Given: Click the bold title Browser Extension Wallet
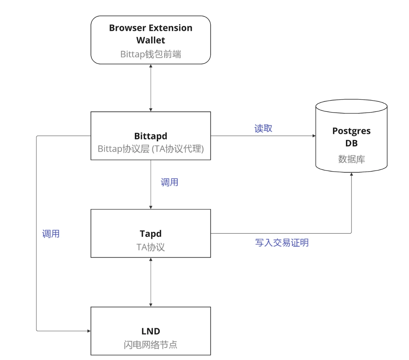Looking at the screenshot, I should click(151, 34).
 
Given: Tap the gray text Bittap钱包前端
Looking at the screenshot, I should click(151, 54).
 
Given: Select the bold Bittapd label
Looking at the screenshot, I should click(151, 136).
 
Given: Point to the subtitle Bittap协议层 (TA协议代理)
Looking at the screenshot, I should click(151, 149).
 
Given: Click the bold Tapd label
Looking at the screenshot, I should click(151, 233).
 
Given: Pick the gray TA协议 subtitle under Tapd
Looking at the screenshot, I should click(151, 247).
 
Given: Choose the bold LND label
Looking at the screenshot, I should click(151, 331).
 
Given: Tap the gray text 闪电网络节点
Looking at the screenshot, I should click(151, 345).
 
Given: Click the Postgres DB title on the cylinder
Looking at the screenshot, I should click(351, 137).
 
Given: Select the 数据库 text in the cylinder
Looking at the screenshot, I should click(351, 159).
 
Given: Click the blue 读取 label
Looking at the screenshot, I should click(263, 128).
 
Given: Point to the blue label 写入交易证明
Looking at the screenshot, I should click(282, 242).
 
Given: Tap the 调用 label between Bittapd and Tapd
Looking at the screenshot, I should click(169, 182).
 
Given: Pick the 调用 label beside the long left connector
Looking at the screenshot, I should click(51, 234).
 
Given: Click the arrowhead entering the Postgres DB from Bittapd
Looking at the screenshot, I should click(314, 136).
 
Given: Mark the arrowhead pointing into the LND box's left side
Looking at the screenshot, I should click(89, 331).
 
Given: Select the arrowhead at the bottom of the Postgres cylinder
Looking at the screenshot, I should click(351, 175).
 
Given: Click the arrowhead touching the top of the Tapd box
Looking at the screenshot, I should click(151, 207).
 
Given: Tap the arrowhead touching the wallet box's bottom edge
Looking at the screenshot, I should click(151, 66).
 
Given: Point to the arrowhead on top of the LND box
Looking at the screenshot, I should click(151, 305).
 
